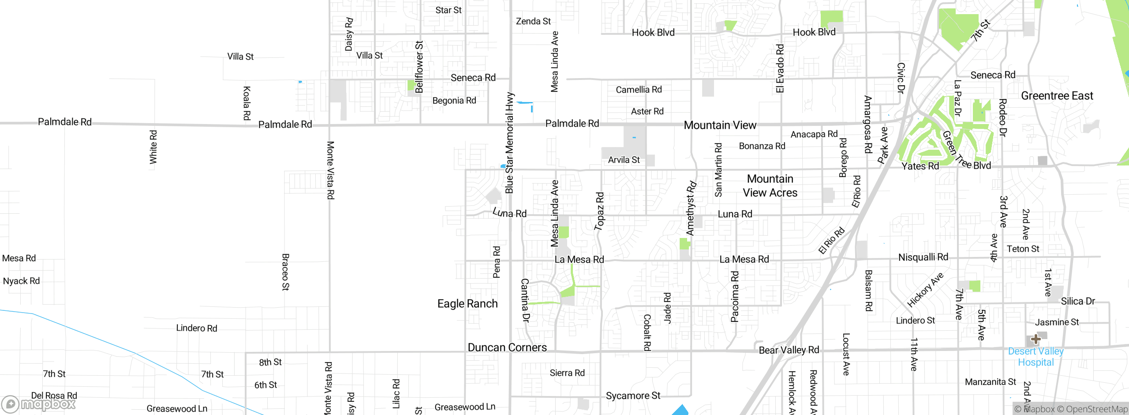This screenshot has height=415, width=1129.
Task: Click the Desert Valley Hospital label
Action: (1036, 357)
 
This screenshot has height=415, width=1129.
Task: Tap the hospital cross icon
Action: (1036, 339)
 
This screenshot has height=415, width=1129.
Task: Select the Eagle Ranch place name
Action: (467, 304)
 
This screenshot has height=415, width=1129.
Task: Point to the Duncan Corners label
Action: (507, 347)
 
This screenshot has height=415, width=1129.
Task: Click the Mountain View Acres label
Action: (770, 186)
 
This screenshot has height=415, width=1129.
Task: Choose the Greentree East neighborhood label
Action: (1057, 96)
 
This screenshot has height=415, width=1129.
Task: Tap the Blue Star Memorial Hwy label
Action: (510, 143)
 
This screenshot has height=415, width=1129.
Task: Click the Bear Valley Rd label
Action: (789, 350)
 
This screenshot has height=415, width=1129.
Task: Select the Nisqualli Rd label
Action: (923, 257)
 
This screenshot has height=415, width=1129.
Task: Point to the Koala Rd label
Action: (247, 103)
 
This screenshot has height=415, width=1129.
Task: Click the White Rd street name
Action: (153, 147)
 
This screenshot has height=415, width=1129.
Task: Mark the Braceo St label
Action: (286, 272)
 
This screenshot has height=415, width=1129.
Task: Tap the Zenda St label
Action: (533, 21)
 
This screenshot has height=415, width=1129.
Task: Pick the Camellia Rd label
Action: (639, 90)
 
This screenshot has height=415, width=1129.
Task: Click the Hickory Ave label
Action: (925, 290)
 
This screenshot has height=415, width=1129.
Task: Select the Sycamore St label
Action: (633, 396)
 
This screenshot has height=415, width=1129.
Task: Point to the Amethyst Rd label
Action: (691, 208)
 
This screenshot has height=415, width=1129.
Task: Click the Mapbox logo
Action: (39, 404)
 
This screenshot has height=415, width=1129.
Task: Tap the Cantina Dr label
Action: (525, 300)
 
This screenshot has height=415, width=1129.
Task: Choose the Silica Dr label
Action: (1078, 301)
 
